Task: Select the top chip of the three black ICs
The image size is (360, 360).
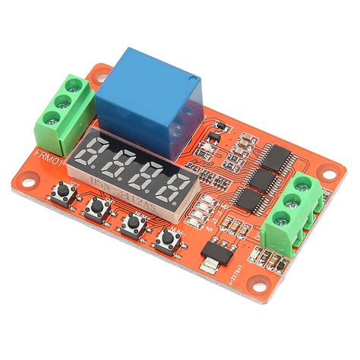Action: click(x=273, y=157)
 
